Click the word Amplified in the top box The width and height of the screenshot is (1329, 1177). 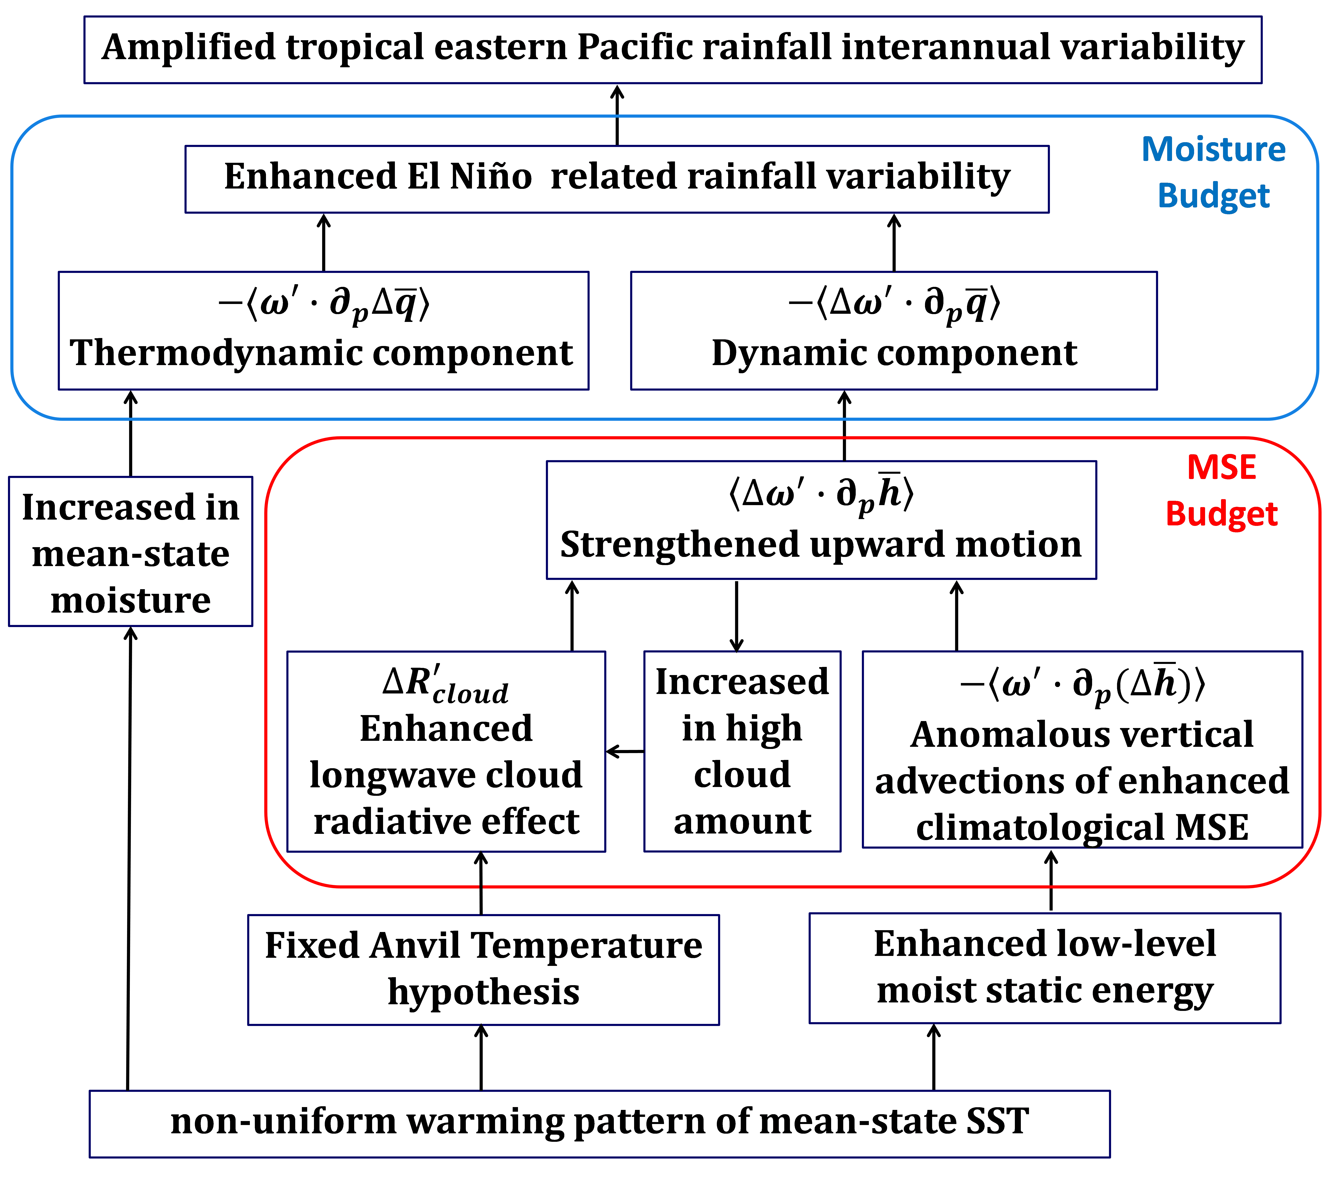point(189,48)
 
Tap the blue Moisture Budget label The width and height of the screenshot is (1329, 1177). point(1213,172)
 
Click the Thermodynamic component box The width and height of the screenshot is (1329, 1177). point(323,330)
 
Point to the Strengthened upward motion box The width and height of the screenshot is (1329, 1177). point(821,520)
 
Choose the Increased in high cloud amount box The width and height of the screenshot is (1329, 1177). point(742,751)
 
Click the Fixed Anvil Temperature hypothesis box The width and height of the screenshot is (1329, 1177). point(483,969)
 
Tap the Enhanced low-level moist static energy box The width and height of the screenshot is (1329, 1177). point(1044,968)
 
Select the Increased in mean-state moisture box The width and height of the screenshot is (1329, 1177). point(130,551)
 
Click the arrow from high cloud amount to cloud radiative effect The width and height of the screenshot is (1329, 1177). point(625,752)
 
